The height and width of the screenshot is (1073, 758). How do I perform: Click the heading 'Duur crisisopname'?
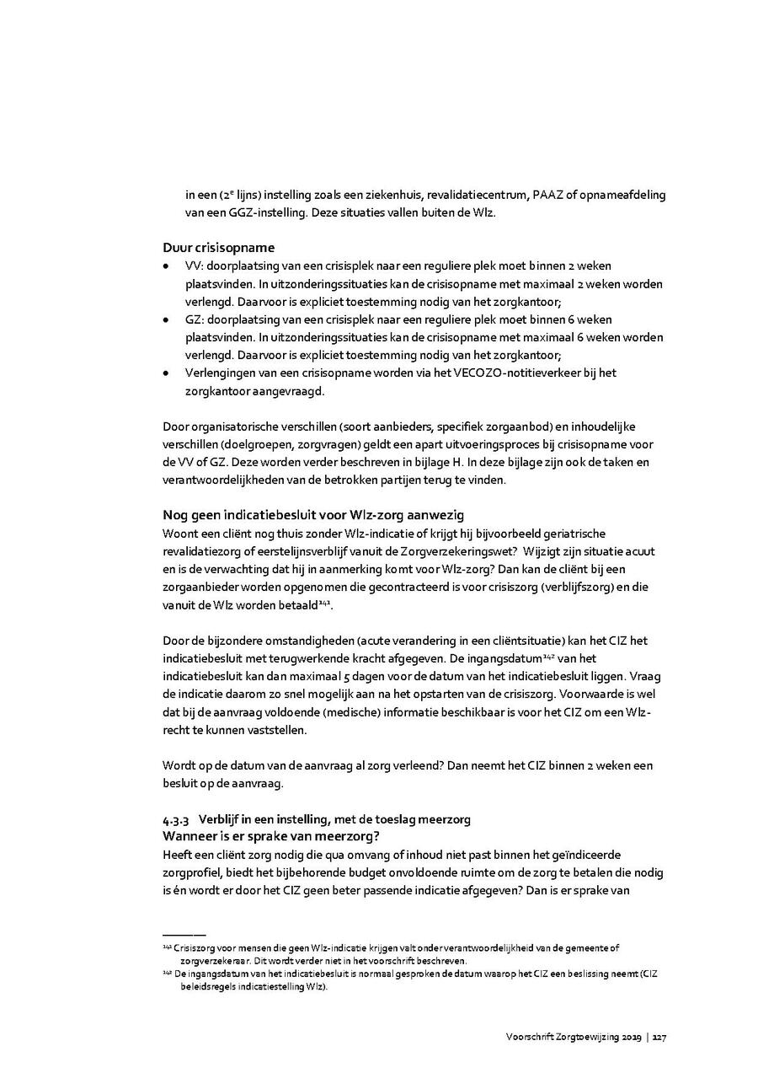(x=218, y=247)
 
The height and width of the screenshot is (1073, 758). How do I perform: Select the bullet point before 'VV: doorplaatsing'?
(x=166, y=266)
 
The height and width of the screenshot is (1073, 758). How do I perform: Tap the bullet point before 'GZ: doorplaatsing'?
(x=166, y=319)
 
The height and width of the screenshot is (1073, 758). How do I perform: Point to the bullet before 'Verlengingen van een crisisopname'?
(x=166, y=373)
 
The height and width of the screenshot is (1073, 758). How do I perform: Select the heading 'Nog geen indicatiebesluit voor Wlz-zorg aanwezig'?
(x=312, y=515)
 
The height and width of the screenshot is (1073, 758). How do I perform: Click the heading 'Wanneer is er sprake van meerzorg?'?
(x=271, y=836)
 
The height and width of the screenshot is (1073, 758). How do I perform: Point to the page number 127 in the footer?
(x=659, y=1038)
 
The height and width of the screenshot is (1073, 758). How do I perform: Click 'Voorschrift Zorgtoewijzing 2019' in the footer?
(x=573, y=1038)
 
